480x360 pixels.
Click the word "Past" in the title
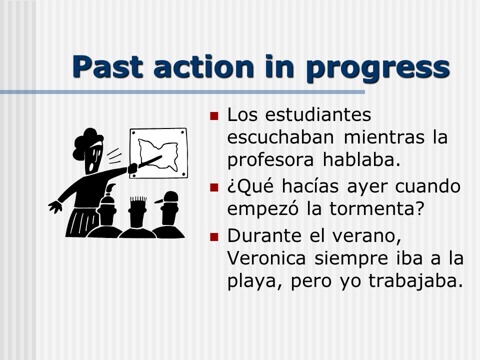107,66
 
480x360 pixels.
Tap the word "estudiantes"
318,115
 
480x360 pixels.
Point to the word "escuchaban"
280,137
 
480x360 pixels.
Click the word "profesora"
270,160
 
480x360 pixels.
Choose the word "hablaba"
361,160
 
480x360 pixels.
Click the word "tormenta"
373,208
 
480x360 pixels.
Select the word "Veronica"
266,258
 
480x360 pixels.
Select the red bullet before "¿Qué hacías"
214,187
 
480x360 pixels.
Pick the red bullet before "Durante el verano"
214,236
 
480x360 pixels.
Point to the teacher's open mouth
91,167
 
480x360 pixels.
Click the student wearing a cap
168,214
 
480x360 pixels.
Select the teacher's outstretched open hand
55,207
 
